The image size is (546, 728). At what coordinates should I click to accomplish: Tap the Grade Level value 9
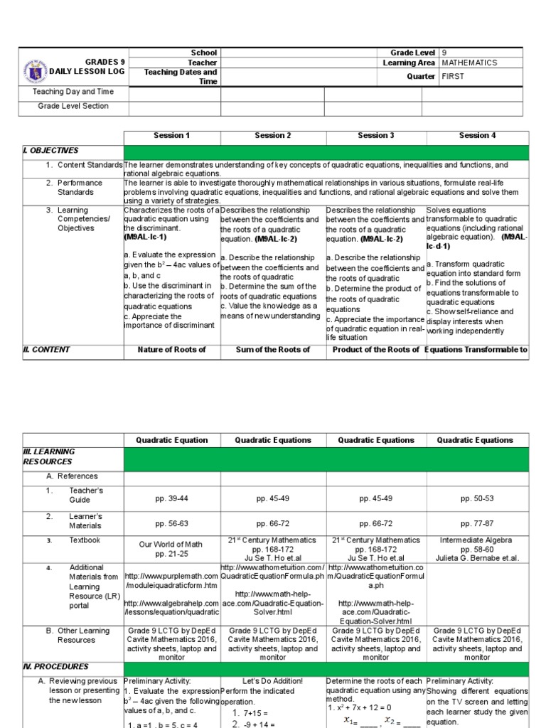click(x=444, y=53)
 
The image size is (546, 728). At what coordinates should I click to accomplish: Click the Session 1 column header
click(x=172, y=135)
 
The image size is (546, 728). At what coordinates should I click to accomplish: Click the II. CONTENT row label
click(x=48, y=349)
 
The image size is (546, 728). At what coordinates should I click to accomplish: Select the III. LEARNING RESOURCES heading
click(x=49, y=456)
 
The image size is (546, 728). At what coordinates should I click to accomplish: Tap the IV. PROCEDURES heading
click(x=56, y=667)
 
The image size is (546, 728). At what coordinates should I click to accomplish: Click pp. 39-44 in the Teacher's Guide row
click(x=172, y=499)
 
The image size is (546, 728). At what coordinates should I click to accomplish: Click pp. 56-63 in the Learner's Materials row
click(x=172, y=523)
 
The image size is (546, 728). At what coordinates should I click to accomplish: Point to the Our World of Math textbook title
click(x=171, y=544)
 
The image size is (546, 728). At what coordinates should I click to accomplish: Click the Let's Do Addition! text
click(x=273, y=680)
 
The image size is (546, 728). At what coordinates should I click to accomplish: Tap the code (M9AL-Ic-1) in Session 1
click(x=148, y=237)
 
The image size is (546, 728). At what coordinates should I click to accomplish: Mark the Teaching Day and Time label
click(x=73, y=92)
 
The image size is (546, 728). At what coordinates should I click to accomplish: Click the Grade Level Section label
click(x=73, y=106)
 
